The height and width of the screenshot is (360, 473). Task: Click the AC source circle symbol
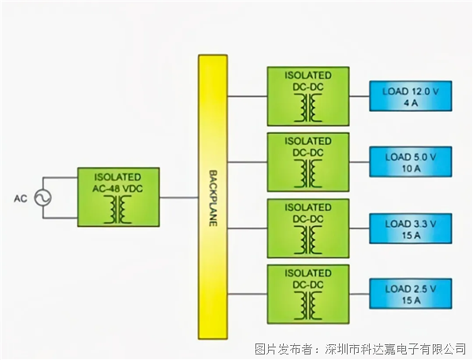point(41,199)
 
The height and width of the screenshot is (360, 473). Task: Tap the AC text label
point(20,199)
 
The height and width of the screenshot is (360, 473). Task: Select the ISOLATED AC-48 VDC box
point(118,196)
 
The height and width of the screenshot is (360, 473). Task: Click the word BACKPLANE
point(212,197)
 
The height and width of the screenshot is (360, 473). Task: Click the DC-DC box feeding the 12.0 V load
point(308,96)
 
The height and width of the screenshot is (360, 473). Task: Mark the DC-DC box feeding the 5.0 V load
point(308,162)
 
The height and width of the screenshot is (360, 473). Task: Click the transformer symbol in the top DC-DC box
point(308,108)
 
